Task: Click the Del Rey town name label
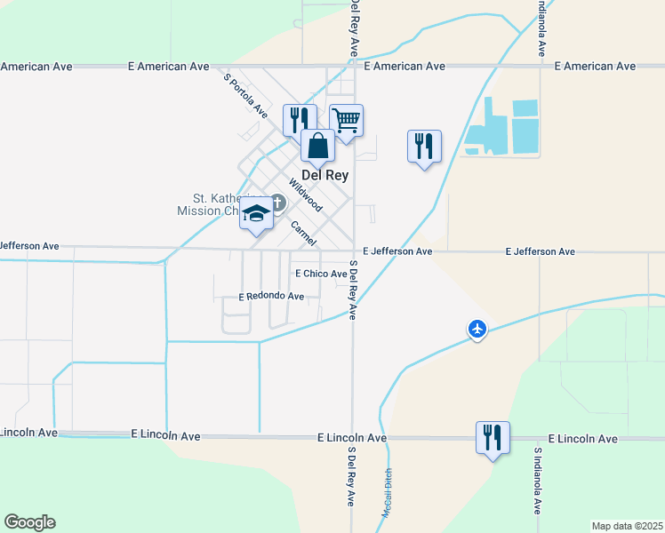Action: (x=324, y=175)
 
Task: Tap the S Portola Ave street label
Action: (x=245, y=96)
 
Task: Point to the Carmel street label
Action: (x=304, y=234)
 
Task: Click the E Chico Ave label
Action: (x=321, y=274)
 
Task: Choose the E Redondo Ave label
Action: (x=271, y=296)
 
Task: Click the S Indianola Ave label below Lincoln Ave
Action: (x=537, y=481)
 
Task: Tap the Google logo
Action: (x=29, y=522)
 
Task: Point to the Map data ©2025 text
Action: (x=627, y=526)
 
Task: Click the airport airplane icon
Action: (x=478, y=330)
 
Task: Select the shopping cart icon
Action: (x=346, y=119)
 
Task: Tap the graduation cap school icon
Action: (x=256, y=213)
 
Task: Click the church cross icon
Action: (x=276, y=204)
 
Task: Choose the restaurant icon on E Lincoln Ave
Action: (x=493, y=436)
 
